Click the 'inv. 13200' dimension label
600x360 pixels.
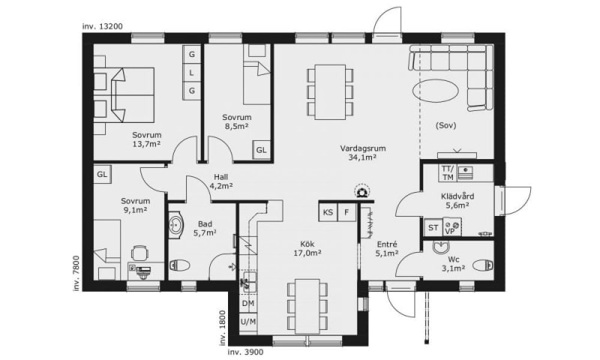coord(102,26)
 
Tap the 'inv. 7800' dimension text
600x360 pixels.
coord(76,273)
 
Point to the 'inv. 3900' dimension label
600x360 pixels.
coord(246,352)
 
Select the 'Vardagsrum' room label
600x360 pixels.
coord(363,148)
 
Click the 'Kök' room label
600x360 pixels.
coord(307,244)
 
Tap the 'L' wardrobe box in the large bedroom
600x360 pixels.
coord(192,73)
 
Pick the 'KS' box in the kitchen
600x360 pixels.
coord(328,212)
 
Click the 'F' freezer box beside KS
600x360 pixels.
coord(346,212)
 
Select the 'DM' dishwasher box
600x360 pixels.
coord(248,304)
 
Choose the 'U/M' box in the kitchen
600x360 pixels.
coord(248,322)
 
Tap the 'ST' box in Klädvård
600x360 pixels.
coord(433,228)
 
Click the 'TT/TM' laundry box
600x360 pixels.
coord(448,173)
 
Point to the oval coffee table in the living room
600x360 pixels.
coord(435,91)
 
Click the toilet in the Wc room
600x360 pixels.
coord(482,265)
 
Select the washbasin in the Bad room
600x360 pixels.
coord(176,225)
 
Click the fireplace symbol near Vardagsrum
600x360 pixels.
coord(361,192)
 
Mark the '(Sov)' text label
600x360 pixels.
coord(445,125)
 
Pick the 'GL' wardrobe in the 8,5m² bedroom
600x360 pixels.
coord(261,150)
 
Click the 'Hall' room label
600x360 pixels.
coord(220,177)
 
